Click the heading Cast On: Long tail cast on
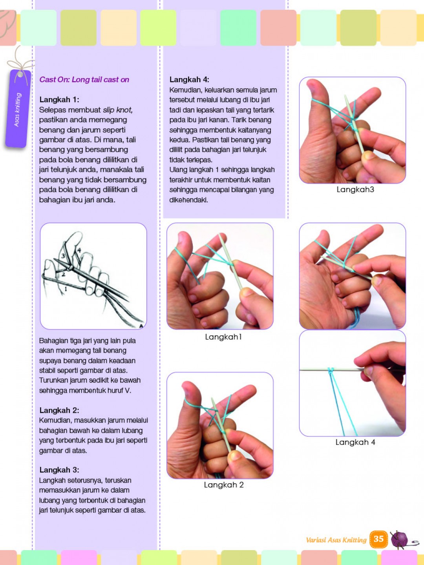coord(84,80)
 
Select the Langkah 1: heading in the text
coord(59,100)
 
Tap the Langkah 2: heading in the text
coord(59,410)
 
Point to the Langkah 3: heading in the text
coord(59,470)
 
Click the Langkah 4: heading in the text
coord(189,80)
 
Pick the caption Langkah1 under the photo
coord(223,337)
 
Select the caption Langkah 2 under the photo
coord(224,485)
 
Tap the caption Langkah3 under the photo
coord(355,190)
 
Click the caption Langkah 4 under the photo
coord(355,442)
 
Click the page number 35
coord(378,539)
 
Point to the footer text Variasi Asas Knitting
coord(336,540)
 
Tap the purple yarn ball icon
coord(400,539)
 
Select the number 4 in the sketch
coord(79,250)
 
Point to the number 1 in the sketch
coord(66,289)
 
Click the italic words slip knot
coord(118,110)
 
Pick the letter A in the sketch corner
coord(141,325)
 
